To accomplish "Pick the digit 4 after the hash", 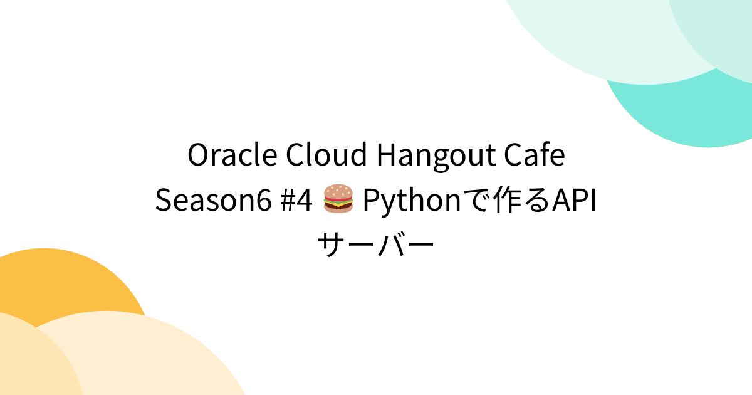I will point(305,201).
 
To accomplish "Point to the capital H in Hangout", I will point(386,156).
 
